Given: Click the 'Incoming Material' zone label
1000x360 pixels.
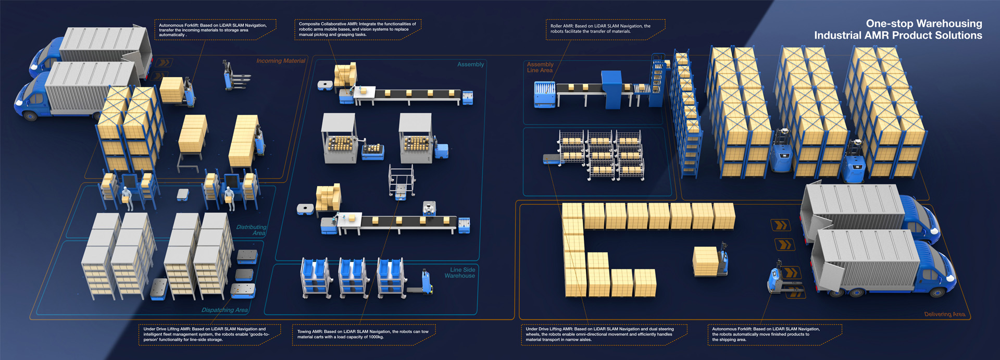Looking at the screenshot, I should [x=280, y=61].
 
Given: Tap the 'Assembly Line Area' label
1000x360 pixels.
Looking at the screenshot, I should [x=540, y=67].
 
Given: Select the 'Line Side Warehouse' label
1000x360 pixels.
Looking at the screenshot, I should [x=460, y=272].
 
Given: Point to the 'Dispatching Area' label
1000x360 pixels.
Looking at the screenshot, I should [x=224, y=310].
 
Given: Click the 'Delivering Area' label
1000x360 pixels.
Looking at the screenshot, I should [x=944, y=314].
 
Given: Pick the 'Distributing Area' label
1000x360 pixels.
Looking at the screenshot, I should [x=252, y=230].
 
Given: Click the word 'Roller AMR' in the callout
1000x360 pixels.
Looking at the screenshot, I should [x=561, y=26].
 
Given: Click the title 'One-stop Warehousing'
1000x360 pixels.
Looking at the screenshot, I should [x=923, y=23].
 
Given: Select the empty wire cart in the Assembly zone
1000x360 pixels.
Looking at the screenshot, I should [x=402, y=180].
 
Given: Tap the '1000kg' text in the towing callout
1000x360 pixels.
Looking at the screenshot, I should [x=374, y=337].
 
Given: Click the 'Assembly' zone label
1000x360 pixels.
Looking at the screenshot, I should [x=470, y=65].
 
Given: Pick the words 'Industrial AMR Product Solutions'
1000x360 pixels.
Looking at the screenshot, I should [x=898, y=35].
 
